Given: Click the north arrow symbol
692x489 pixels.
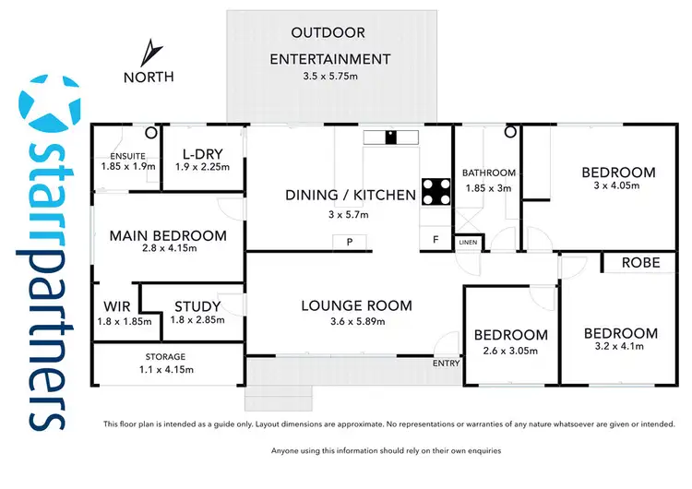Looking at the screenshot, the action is point(151,54).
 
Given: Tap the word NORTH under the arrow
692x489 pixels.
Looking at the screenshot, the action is point(149,78).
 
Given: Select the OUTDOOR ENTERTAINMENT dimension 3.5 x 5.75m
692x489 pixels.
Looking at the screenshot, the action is point(330,76).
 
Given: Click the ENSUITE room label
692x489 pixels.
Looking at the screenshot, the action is point(128,156).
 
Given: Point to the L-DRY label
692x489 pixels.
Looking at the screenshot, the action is point(203,154).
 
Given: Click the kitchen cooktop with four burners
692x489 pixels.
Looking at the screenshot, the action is point(436,192).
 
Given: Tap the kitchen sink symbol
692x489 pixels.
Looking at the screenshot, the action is point(391,137).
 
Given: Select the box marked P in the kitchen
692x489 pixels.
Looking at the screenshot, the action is point(350,242).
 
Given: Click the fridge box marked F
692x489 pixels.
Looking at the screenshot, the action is point(435,240).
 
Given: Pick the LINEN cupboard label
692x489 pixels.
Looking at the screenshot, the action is point(468,243).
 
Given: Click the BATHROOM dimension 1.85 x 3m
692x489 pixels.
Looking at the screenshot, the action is point(488,188).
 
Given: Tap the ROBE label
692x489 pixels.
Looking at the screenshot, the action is point(641,263).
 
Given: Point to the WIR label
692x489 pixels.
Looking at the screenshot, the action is point(117,306).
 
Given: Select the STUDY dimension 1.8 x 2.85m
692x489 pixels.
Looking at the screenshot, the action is point(197,320).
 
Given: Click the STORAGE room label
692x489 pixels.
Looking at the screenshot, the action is point(165,356).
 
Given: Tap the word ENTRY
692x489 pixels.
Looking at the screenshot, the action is point(447,364).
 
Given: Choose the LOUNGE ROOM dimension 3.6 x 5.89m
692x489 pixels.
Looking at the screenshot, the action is point(357,322).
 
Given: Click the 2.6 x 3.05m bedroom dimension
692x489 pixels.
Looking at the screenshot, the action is point(510,352).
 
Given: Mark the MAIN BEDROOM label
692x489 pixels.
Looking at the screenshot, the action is point(168,235).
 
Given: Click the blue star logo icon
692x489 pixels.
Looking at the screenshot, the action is point(49,105).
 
